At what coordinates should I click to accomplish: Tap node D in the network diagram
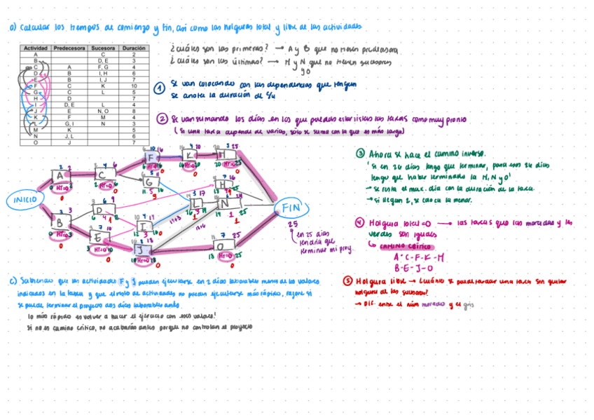click(x=99, y=210)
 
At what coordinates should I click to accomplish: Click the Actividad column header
click(x=35, y=48)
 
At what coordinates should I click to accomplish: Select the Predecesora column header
click(x=69, y=48)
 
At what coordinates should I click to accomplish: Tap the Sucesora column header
click(x=103, y=48)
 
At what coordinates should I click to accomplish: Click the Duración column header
click(x=133, y=48)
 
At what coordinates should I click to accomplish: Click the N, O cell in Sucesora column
click(x=103, y=111)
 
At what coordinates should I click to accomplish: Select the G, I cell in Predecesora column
click(x=69, y=123)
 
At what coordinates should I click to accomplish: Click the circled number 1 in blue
click(x=160, y=88)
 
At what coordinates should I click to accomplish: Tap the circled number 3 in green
click(x=359, y=153)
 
